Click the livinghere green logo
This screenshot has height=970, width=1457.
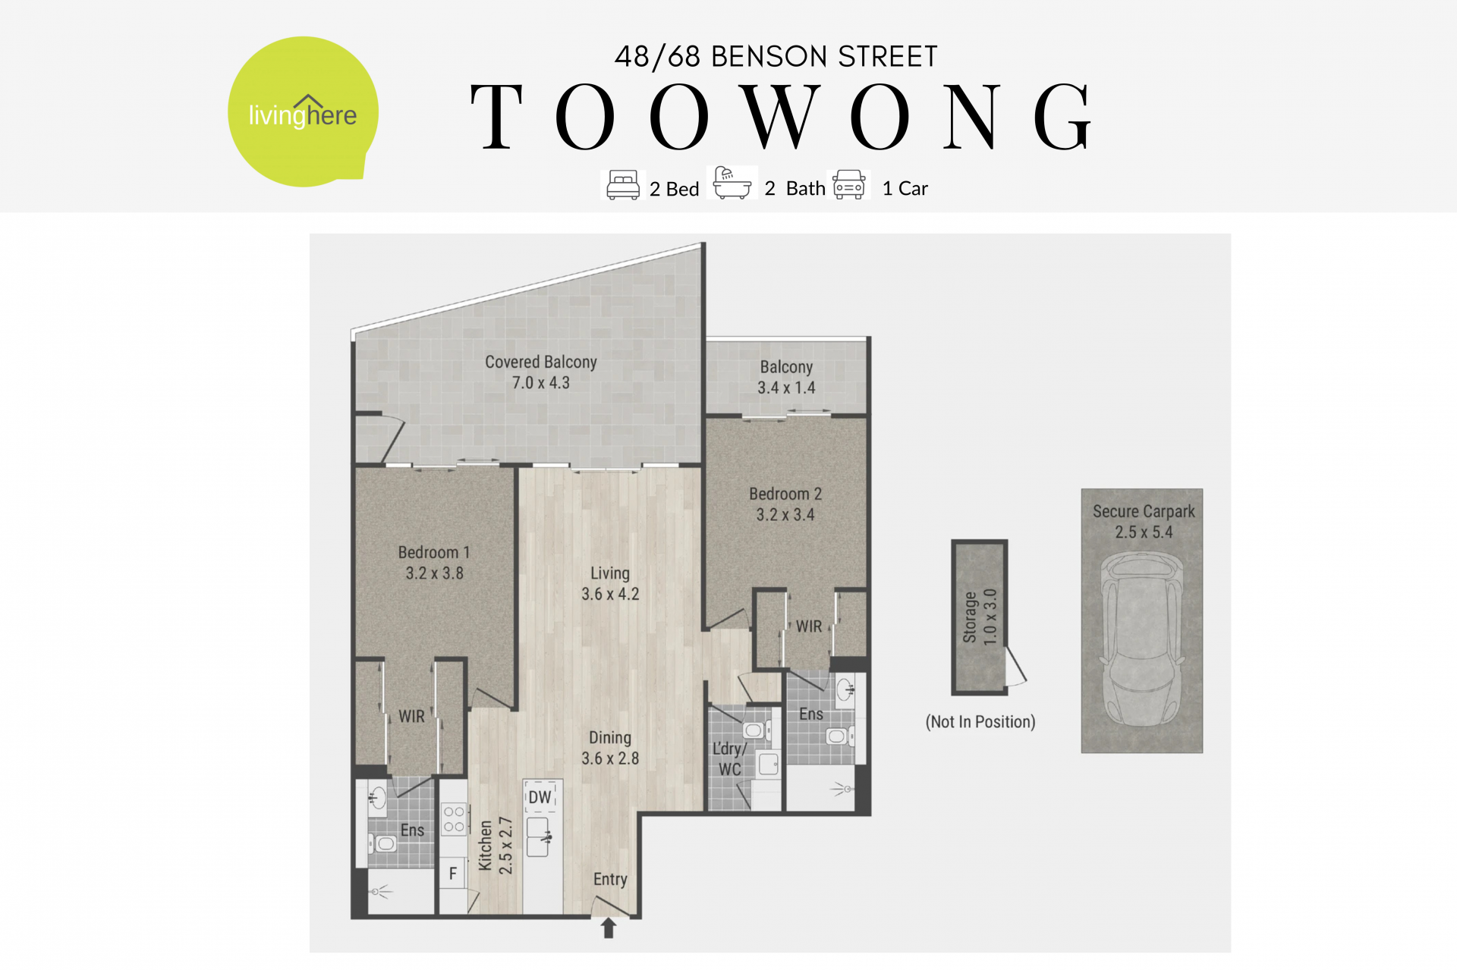[x=303, y=111]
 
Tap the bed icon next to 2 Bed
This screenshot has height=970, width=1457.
[x=623, y=185]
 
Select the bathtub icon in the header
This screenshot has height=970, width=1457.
[x=732, y=183]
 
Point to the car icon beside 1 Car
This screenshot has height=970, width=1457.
[x=849, y=184]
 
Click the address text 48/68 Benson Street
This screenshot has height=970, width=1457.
[x=776, y=57]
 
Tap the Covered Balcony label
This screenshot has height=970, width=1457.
[x=541, y=362]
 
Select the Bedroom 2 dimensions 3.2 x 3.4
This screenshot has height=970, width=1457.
[x=785, y=514]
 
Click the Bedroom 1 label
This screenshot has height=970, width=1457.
[x=434, y=552]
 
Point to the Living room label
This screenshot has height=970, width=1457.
[x=610, y=573]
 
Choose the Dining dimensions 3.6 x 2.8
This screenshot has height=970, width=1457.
[x=610, y=758]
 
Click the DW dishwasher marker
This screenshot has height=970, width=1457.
[x=540, y=797]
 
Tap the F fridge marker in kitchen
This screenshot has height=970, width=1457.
[x=453, y=874]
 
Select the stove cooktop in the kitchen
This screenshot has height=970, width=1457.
[x=454, y=819]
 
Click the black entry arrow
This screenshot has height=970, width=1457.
[x=609, y=928]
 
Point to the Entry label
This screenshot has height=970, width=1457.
[x=610, y=879]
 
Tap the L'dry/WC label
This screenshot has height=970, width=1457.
[x=729, y=758]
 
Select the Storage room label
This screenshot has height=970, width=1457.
[x=970, y=617]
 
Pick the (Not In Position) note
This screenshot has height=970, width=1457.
[x=980, y=721]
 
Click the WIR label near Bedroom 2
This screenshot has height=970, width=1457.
[x=809, y=626]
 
